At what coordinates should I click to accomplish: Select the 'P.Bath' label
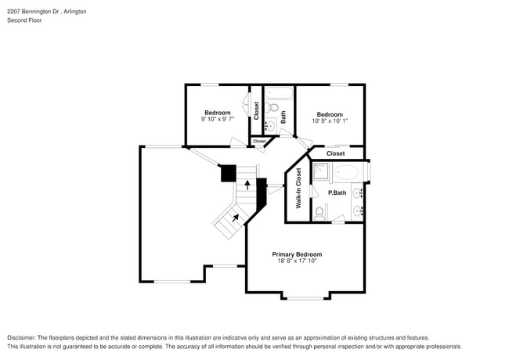pyautogui.click(x=337, y=193)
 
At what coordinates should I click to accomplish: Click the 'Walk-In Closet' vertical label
pyautogui.click(x=298, y=189)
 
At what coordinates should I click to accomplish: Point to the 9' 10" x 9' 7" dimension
pyautogui.click(x=217, y=120)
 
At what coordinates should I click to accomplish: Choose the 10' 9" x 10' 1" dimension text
pyautogui.click(x=330, y=121)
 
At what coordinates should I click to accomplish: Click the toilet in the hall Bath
pyautogui.click(x=273, y=107)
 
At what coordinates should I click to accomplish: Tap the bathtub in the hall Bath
pyautogui.click(x=277, y=93)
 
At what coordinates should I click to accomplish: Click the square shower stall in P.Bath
pyautogui.click(x=321, y=172)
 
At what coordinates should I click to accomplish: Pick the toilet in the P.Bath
pyautogui.click(x=320, y=211)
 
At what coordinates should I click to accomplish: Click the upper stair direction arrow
pyautogui.click(x=248, y=185)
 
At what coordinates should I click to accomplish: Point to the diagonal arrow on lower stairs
pyautogui.click(x=236, y=218)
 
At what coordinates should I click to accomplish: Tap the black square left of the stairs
pyautogui.click(x=228, y=173)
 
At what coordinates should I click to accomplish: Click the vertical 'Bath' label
pyautogui.click(x=283, y=117)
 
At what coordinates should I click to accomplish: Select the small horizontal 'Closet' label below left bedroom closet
pyautogui.click(x=259, y=141)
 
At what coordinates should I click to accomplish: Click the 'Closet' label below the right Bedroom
pyautogui.click(x=335, y=153)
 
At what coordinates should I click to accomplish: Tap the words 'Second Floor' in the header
pyautogui.click(x=24, y=21)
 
